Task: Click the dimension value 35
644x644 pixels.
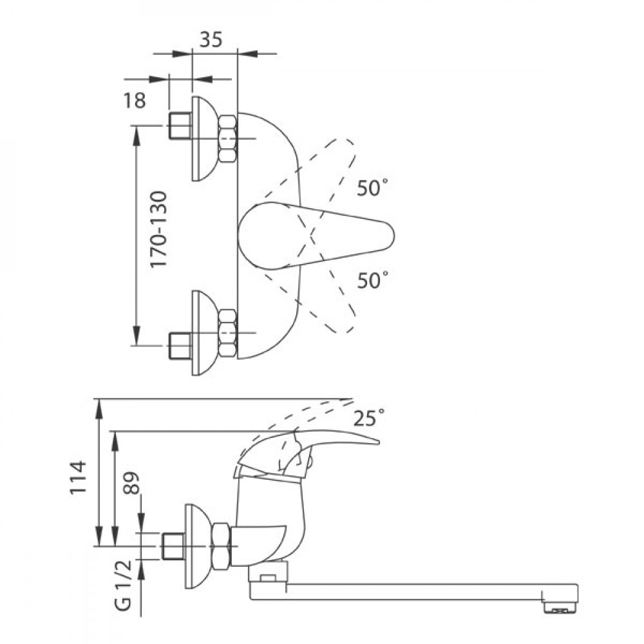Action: point(211,39)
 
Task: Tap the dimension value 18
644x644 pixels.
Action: point(135,100)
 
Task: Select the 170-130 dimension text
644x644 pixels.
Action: point(158,229)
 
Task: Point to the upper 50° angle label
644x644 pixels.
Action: point(372,187)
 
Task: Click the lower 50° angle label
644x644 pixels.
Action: point(372,280)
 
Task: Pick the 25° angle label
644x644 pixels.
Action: point(369,418)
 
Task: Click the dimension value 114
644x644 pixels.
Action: point(79,477)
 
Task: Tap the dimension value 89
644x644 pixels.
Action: point(132,483)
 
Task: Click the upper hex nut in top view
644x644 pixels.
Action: point(227,138)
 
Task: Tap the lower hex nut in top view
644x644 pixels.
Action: point(227,333)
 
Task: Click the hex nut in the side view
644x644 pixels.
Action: point(222,546)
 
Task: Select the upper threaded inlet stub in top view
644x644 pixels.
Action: point(180,126)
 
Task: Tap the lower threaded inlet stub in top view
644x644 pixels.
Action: point(180,346)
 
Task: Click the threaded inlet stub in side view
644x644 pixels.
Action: point(173,546)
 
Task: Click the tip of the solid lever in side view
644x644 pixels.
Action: point(378,443)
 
